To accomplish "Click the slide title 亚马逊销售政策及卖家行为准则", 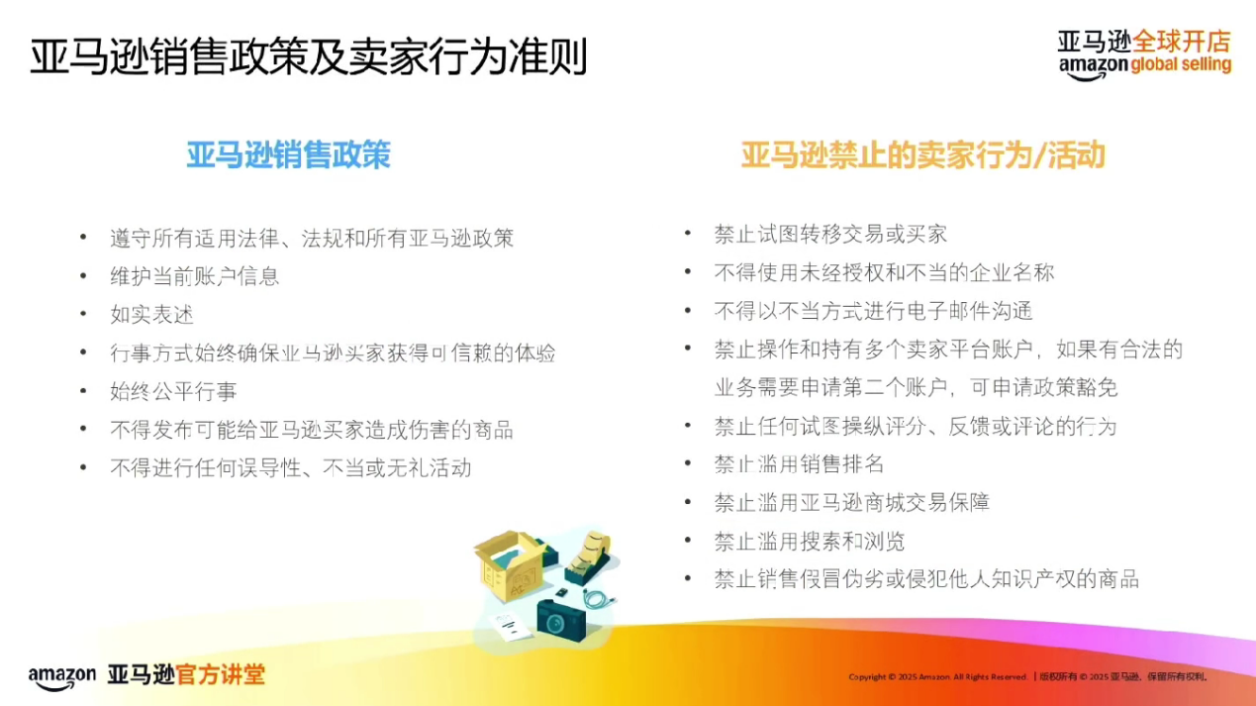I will pyautogui.click(x=308, y=57).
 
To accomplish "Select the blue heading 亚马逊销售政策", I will pyautogui.click(x=288, y=154).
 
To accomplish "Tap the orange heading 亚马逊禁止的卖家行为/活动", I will pyautogui.click(x=922, y=155).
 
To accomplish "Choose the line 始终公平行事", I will pyautogui.click(x=173, y=392).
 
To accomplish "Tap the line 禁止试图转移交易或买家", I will pyautogui.click(x=830, y=234).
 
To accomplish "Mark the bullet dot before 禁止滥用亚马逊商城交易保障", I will pyautogui.click(x=688, y=502).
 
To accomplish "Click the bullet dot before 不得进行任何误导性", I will pyautogui.click(x=84, y=467).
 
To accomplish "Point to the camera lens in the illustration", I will pyautogui.click(x=556, y=622).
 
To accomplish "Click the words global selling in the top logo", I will pyautogui.click(x=1180, y=65).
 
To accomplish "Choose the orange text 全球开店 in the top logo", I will pyautogui.click(x=1181, y=42).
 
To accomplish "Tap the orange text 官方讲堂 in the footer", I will pyautogui.click(x=220, y=675).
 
